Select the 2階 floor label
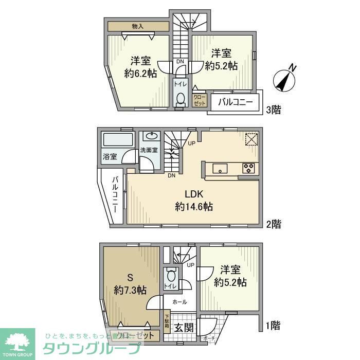coord(274,224)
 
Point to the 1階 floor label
coord(274,325)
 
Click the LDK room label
coord(194,194)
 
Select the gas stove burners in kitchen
coord(248,168)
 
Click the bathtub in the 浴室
coord(117,140)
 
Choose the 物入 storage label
coord(138,26)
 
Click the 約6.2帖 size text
coord(140,74)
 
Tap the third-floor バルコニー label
coord(235,102)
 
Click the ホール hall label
coord(179,302)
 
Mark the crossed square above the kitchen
coord(250,139)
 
